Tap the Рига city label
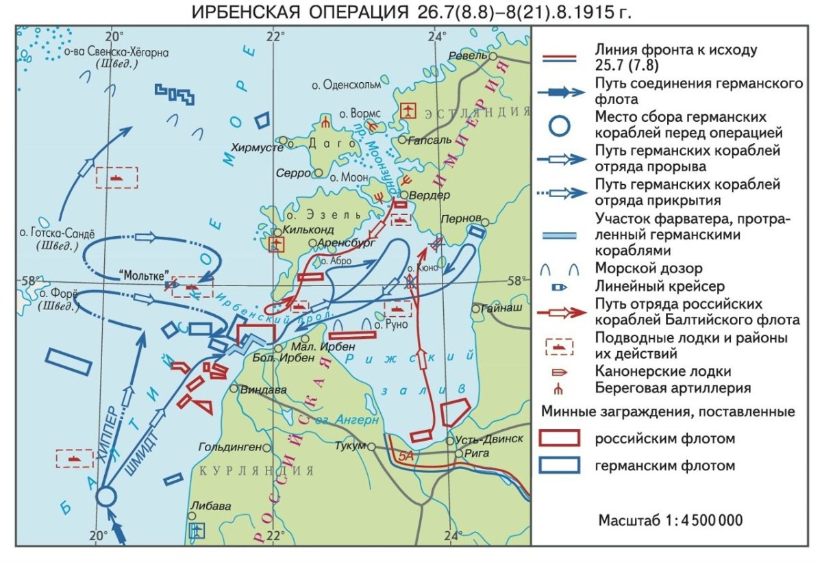(x=475, y=453)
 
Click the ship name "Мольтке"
(x=145, y=275)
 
